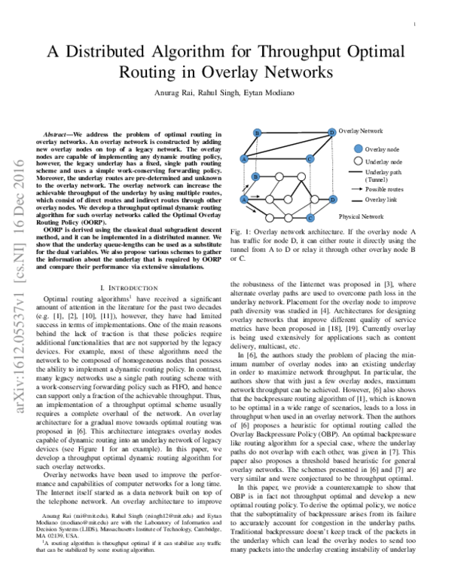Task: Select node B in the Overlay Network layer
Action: point(258,133)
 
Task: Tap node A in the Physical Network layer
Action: point(244,200)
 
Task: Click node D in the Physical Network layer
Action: point(332,200)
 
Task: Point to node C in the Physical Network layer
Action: point(310,218)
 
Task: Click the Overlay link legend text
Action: point(381,200)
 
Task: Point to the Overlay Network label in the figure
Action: point(362,130)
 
